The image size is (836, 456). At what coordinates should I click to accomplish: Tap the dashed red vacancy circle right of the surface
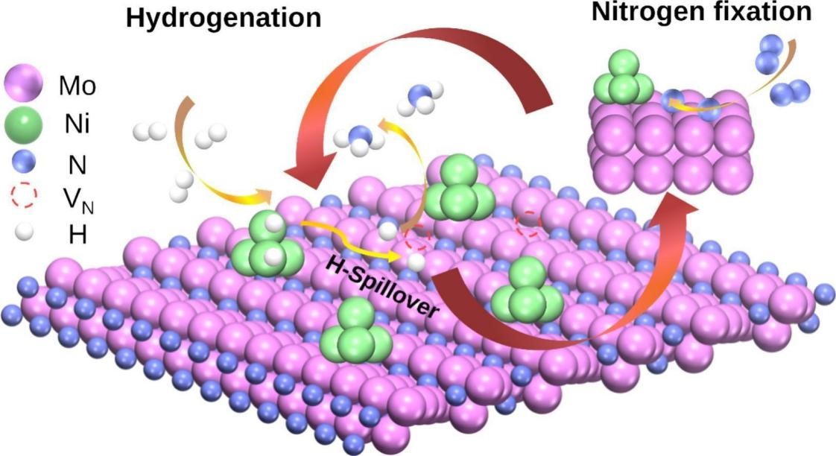pyautogui.click(x=529, y=223)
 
